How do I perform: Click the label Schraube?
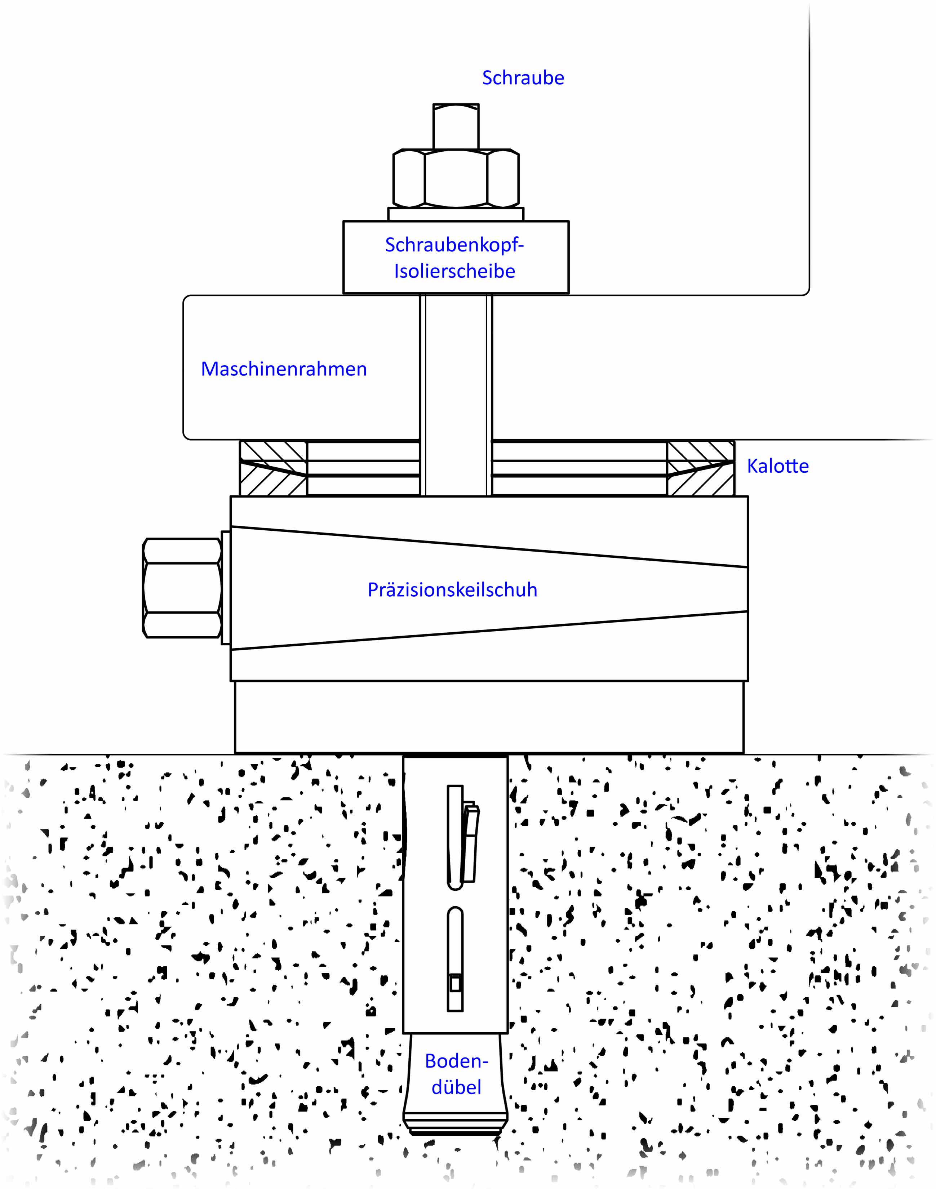pos(523,78)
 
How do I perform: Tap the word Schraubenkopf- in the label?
pos(454,245)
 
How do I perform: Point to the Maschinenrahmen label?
pos(284,369)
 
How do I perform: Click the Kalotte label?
pos(778,466)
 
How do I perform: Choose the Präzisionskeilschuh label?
pos(452,589)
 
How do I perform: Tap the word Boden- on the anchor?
pos(456,1061)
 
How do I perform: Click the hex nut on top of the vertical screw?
pos(456,178)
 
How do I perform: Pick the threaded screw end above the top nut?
pos(456,126)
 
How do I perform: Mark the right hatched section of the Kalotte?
pos(700,468)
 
